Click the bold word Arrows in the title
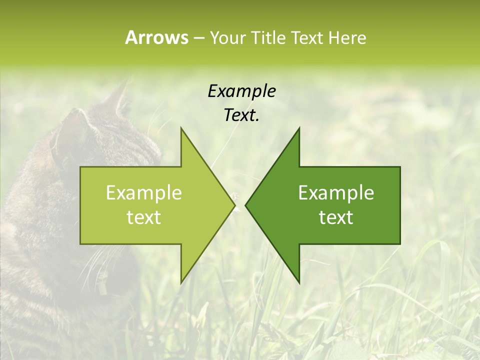[156, 37]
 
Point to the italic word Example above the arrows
[241, 91]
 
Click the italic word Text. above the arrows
[241, 115]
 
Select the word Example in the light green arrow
[144, 193]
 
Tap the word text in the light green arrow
[144, 217]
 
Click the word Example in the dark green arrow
[336, 193]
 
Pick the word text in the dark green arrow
[336, 217]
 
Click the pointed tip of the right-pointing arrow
[234, 205]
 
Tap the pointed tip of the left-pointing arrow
[245, 205]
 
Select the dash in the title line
[199, 37]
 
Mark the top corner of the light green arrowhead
[181, 128]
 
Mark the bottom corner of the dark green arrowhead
[299, 282]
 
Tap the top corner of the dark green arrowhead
[299, 128]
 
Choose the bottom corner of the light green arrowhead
[181, 282]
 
